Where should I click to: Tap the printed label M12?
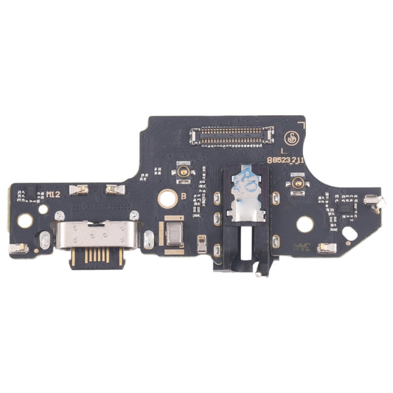[54, 194]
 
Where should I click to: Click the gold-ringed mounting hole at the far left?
[25, 220]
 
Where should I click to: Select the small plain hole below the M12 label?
[44, 209]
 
